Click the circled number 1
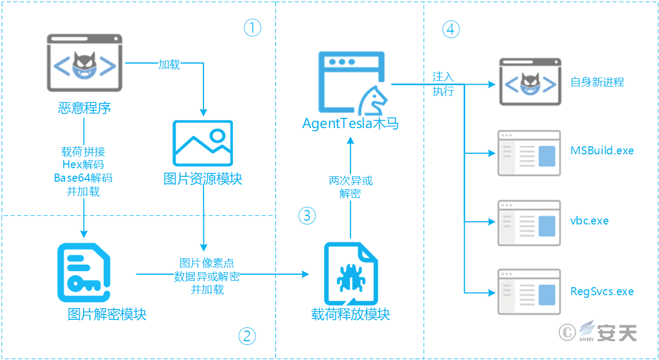pos(252,27)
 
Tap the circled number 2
pos(247,336)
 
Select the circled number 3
pos(307,216)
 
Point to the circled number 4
pos(451,29)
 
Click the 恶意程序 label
pos(85,108)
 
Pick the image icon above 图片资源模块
pos(202,143)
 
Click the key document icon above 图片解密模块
pos(84,273)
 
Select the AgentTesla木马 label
pos(350,123)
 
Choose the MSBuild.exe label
pos(602,151)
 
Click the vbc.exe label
pos(589,221)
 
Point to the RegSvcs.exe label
pos(602,291)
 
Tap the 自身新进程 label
pos(597,82)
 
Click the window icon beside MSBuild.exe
pos(529,153)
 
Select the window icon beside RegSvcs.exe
pos(529,292)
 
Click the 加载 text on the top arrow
pos(169,65)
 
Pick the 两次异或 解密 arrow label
pos(351,187)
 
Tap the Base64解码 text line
pos(83,178)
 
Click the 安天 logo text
pos(617,332)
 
